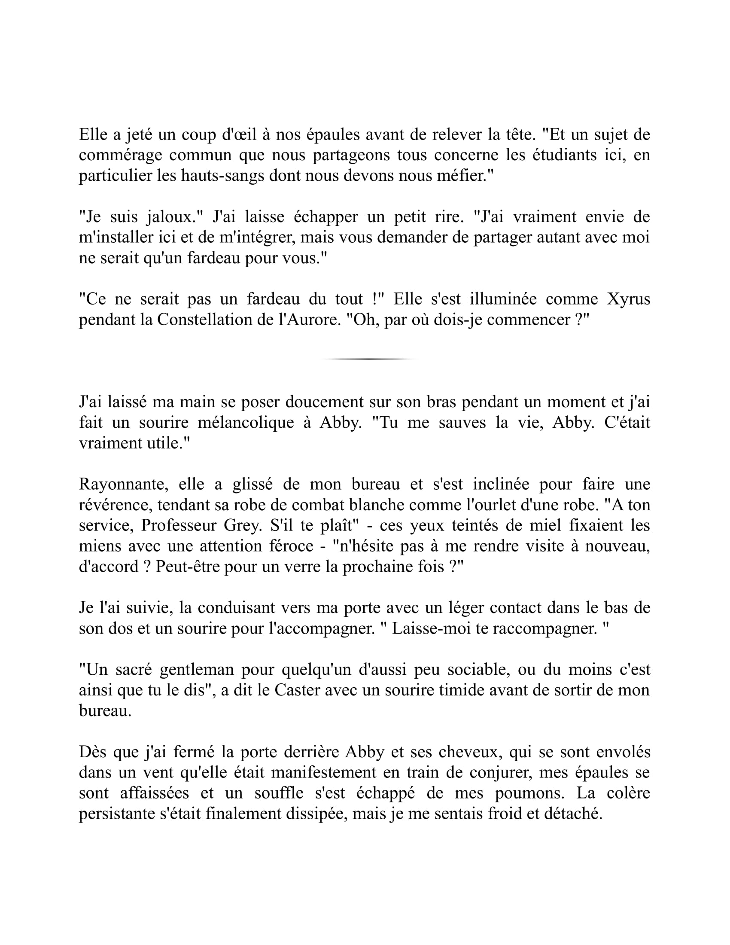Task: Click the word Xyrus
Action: tap(628, 299)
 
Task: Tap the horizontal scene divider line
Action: tap(368, 359)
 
